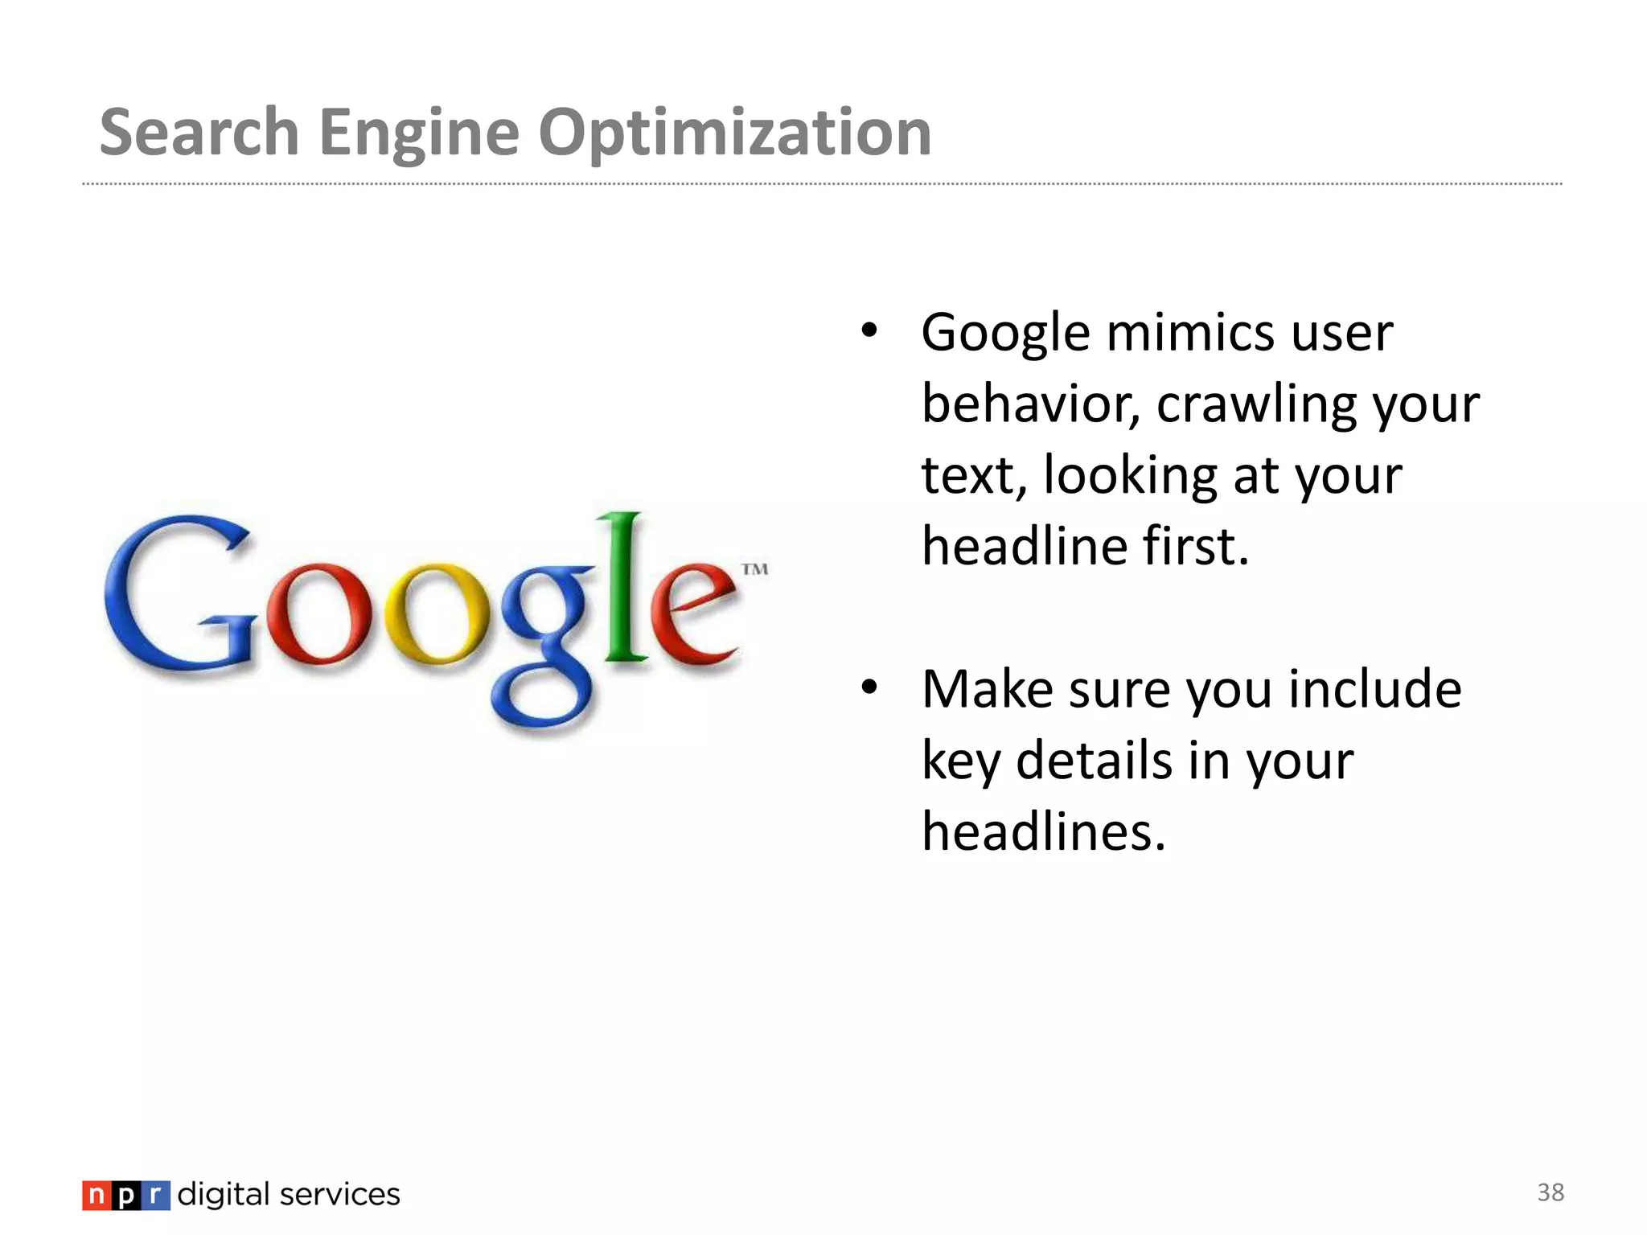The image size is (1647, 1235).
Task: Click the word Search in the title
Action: coord(199,133)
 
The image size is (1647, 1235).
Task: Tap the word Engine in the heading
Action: coord(419,133)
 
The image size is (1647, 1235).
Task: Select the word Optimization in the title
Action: coord(734,133)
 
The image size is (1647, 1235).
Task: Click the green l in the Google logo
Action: coord(626,587)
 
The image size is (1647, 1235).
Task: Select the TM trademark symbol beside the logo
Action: coord(754,569)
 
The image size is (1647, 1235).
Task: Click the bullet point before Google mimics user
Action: coord(869,330)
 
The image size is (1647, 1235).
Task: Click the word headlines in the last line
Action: coord(1043,831)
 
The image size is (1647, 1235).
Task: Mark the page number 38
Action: coord(1550,1192)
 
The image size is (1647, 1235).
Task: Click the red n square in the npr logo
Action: coord(96,1196)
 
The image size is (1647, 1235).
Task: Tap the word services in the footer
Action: coord(339,1195)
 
